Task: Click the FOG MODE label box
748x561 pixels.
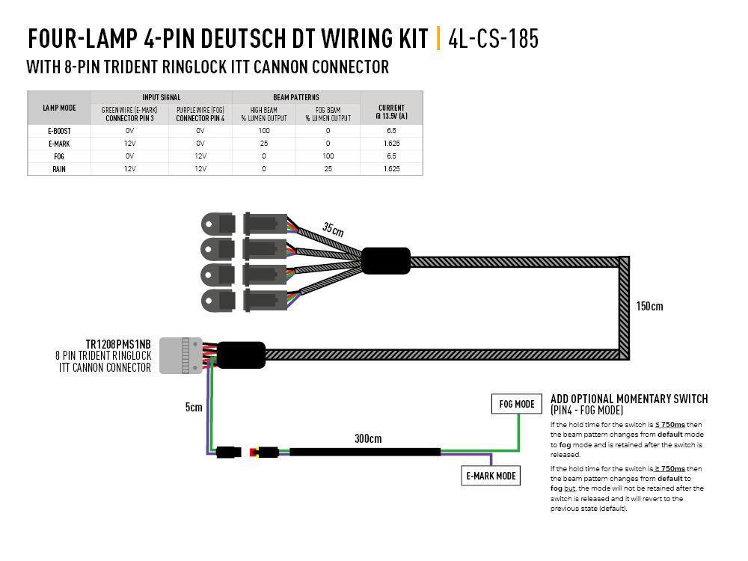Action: click(516, 405)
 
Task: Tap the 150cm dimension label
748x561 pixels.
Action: click(649, 306)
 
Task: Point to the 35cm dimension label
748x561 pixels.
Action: click(334, 228)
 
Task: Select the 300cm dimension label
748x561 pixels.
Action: click(367, 438)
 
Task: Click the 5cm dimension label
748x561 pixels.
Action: click(194, 408)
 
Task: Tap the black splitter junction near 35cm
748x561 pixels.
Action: click(386, 261)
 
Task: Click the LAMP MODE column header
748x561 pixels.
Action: click(59, 108)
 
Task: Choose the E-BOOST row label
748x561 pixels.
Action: click(59, 130)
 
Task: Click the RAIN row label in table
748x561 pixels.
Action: click(59, 169)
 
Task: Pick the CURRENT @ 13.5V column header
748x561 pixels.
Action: click(391, 112)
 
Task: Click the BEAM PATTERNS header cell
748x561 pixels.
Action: click(296, 97)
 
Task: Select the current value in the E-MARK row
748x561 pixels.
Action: click(391, 143)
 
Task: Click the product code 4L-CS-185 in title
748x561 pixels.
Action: click(493, 39)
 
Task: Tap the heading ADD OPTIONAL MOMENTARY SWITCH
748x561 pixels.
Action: click(629, 399)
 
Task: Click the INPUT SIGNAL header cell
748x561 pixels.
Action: click(161, 97)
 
